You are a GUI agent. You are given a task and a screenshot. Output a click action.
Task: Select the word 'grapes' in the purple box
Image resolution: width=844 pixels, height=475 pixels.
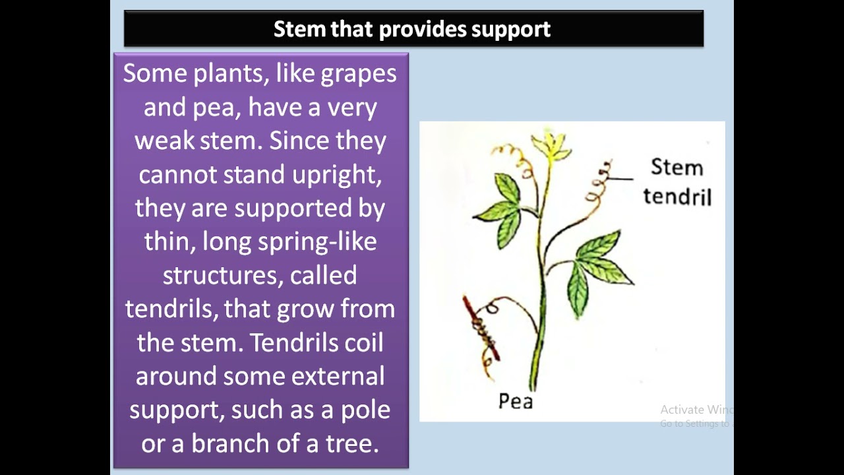click(359, 74)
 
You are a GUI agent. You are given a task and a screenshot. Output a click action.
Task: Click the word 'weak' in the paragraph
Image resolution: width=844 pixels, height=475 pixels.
click(164, 141)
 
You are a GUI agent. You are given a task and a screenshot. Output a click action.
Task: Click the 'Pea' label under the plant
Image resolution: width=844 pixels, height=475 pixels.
click(515, 400)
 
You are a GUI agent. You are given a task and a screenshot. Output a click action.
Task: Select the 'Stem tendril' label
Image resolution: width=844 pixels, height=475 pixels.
click(677, 181)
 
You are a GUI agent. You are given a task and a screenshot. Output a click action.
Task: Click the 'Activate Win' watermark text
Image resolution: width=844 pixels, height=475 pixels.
click(696, 410)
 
